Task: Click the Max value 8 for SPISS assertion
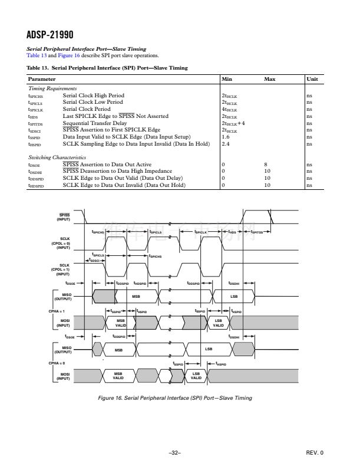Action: point(266,165)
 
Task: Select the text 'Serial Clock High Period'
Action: point(93,95)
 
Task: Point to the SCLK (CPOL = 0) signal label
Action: point(64,244)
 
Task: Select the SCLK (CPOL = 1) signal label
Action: point(64,269)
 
